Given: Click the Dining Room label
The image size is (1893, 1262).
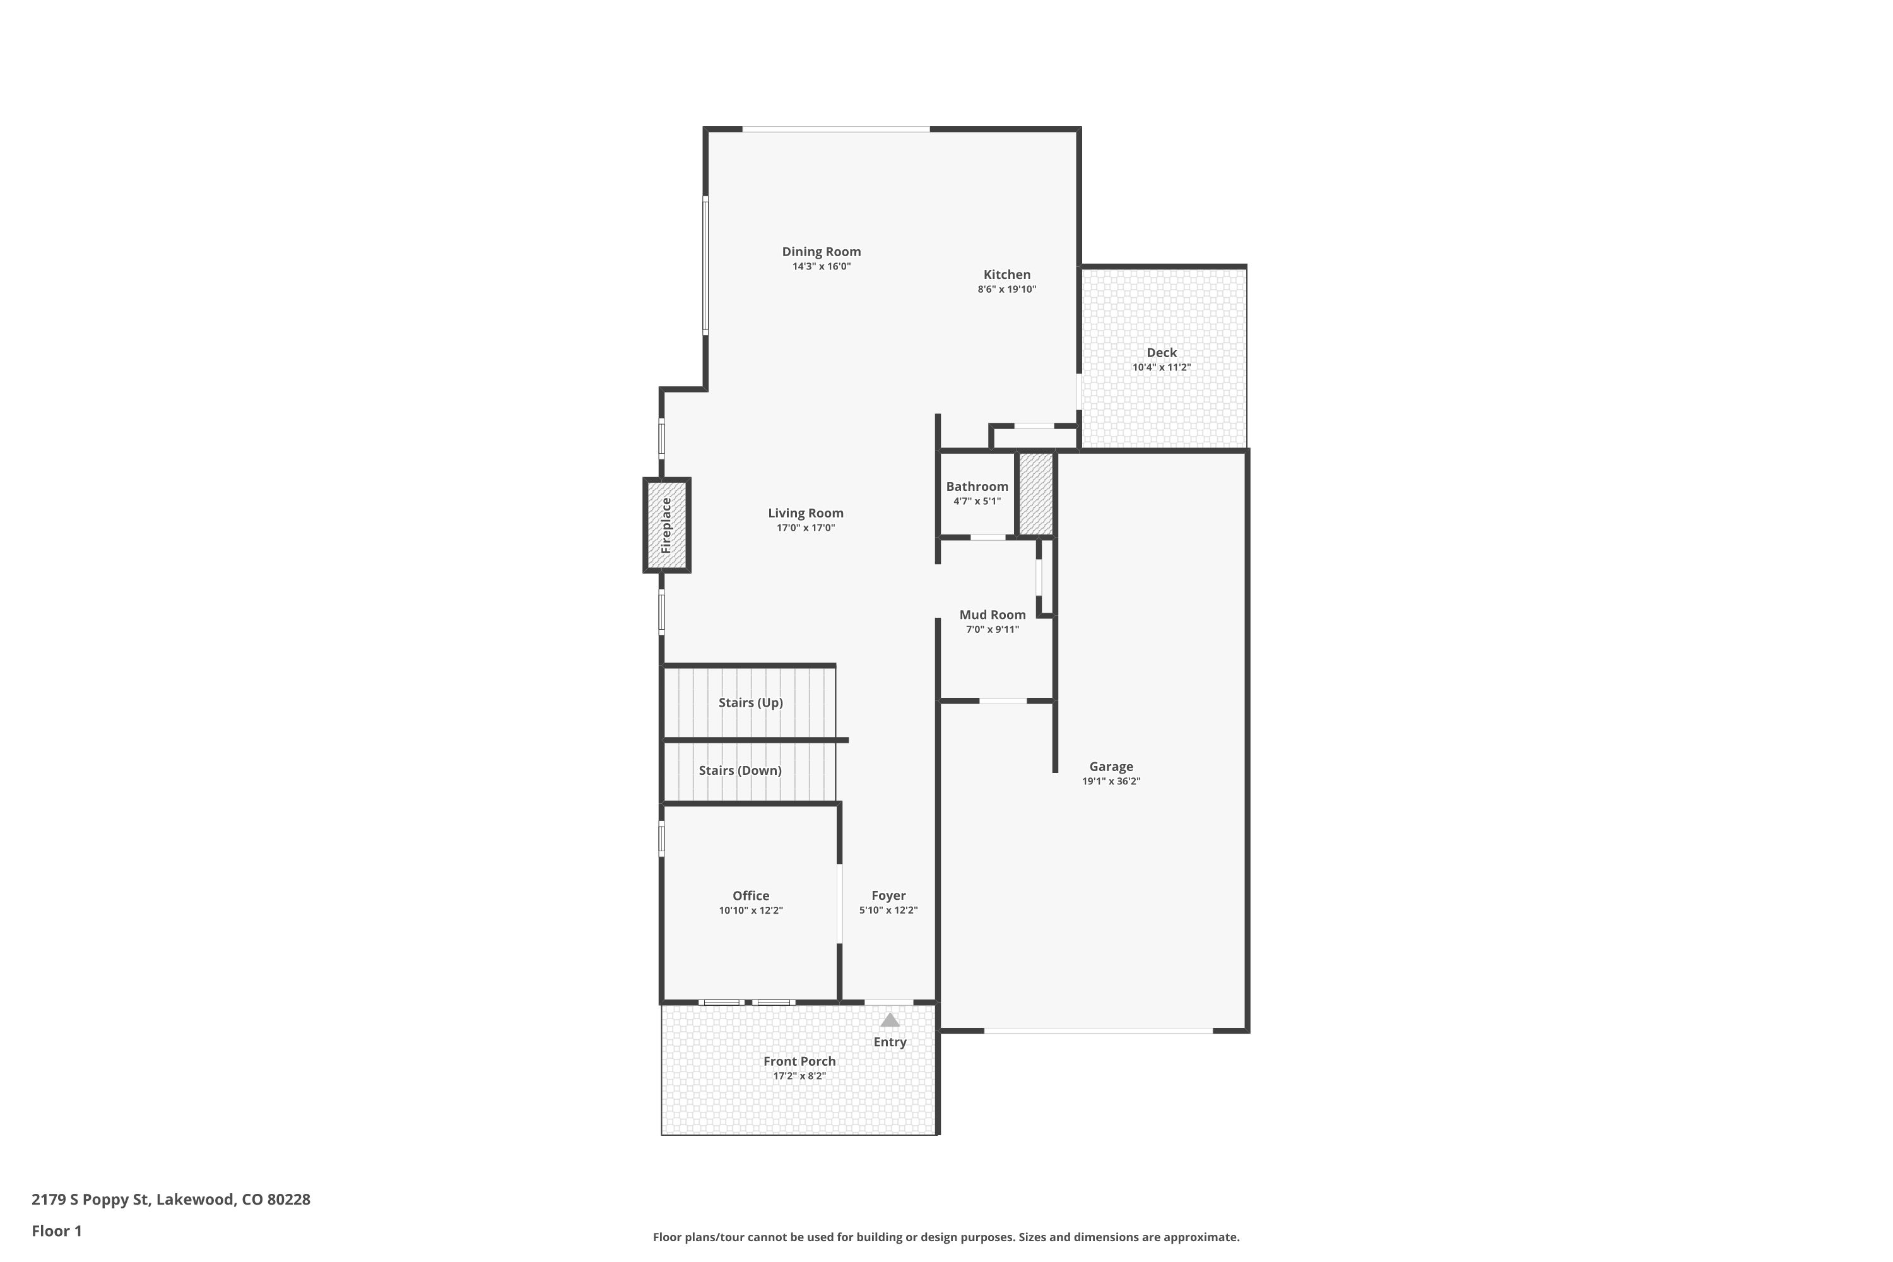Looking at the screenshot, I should pyautogui.click(x=821, y=252).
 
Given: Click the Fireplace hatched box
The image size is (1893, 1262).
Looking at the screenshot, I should pyautogui.click(x=666, y=526).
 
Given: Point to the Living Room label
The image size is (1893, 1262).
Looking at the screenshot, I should pyautogui.click(x=805, y=512).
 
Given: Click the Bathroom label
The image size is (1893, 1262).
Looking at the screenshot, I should pyautogui.click(x=976, y=486).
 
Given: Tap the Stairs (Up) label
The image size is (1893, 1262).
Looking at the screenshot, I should pyautogui.click(x=750, y=703).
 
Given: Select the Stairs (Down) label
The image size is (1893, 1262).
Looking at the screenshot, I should pyautogui.click(x=740, y=770).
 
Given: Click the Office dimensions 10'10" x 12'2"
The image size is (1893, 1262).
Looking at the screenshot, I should pyautogui.click(x=750, y=911).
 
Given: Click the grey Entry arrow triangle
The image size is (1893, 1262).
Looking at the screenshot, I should pyautogui.click(x=888, y=1020).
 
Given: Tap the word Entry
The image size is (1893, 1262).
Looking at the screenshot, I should pyautogui.click(x=889, y=1042).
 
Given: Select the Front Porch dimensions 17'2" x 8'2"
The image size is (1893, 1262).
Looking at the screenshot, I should pyautogui.click(x=799, y=1075).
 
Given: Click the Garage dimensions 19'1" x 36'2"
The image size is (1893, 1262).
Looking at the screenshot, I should pyautogui.click(x=1111, y=781).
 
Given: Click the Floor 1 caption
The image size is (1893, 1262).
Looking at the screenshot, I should pyautogui.click(x=56, y=1230).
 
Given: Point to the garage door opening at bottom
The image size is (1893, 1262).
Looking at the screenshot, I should pyautogui.click(x=1098, y=1030).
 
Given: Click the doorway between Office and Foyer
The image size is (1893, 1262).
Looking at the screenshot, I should pyautogui.click(x=839, y=903).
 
